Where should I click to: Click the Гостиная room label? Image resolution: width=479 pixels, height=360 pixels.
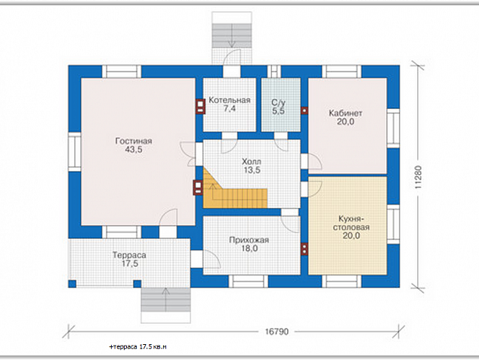(134, 141)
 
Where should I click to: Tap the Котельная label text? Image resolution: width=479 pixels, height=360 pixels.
(230, 100)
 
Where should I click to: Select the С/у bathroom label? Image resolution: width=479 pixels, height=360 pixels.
(278, 102)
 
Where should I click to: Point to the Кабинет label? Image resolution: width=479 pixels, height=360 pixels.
(345, 113)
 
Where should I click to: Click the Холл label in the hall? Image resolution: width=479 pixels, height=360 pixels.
(252, 161)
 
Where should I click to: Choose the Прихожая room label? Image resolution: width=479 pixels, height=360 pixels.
(249, 240)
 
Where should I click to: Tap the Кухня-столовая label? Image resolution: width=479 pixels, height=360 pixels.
(351, 223)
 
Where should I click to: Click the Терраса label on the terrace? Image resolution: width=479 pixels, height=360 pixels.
(129, 255)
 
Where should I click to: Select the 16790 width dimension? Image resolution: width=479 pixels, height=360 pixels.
(277, 331)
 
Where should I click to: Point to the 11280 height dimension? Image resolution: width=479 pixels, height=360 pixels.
(419, 177)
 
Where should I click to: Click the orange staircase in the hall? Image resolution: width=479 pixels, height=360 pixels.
(235, 192)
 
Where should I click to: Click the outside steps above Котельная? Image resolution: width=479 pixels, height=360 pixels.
(232, 36)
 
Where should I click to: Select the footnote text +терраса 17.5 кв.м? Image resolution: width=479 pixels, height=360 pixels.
(138, 347)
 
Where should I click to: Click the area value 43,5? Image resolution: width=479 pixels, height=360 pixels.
(134, 150)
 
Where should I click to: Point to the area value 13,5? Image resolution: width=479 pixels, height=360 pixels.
(252, 170)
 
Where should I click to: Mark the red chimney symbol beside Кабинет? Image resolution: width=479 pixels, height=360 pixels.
(304, 110)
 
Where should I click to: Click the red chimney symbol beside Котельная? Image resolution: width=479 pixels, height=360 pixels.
(200, 107)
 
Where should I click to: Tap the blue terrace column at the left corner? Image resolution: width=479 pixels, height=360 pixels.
(72, 284)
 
